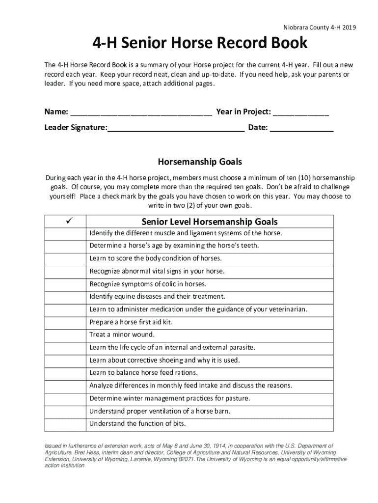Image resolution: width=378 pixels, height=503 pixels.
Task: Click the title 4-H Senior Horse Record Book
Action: (x=200, y=44)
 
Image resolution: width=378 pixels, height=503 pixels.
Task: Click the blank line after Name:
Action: (x=141, y=112)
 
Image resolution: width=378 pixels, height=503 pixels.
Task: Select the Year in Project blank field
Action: (x=300, y=112)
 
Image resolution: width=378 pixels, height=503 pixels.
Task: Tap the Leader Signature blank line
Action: (x=176, y=129)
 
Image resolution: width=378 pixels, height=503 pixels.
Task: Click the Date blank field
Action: (x=301, y=129)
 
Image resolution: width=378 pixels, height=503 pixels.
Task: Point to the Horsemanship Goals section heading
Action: (x=200, y=162)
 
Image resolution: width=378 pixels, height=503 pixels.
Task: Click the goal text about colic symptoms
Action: (x=148, y=284)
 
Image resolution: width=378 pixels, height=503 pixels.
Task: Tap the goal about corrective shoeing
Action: (x=164, y=360)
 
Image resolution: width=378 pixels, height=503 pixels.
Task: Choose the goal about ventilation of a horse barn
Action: (x=160, y=411)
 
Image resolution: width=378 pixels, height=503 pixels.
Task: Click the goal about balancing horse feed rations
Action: (x=143, y=373)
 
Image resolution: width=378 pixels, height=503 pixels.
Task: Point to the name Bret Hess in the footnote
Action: (x=81, y=452)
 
